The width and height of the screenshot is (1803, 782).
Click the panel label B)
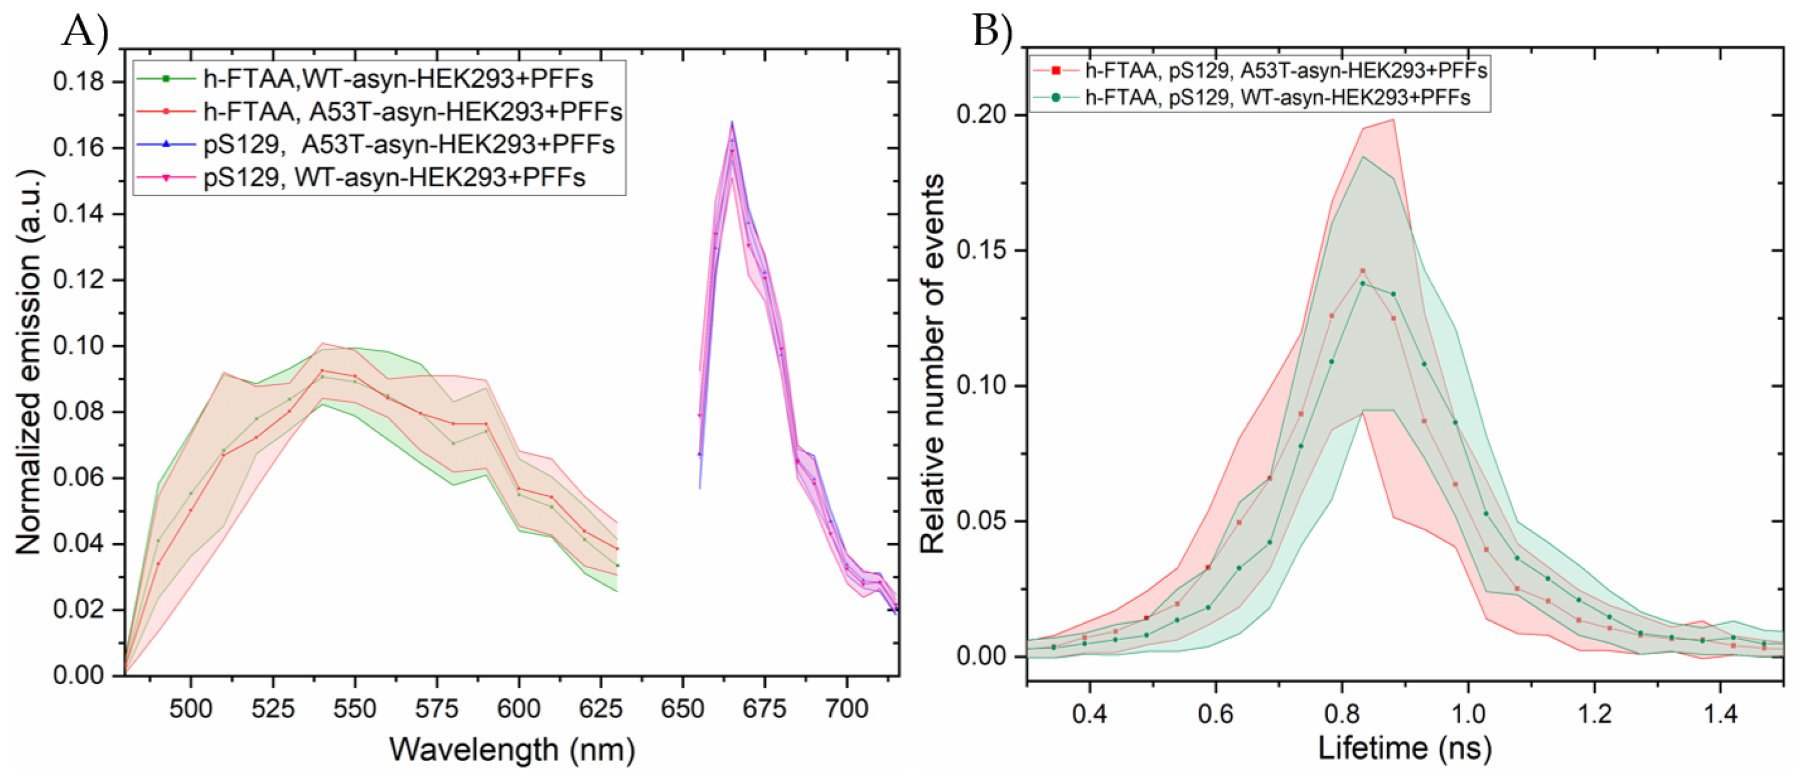click(x=993, y=31)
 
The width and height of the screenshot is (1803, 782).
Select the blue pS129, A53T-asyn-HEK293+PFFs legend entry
click(x=409, y=144)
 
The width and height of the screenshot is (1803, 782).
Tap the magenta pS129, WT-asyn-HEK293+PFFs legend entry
click(x=394, y=178)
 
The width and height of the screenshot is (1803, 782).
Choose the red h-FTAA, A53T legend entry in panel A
click(x=412, y=112)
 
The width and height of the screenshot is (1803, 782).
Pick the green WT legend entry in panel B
click(x=1277, y=97)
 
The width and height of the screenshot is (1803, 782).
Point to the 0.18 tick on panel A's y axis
click(x=79, y=82)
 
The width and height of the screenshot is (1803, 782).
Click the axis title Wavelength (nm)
click(x=511, y=750)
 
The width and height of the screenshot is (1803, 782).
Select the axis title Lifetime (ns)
click(x=1405, y=748)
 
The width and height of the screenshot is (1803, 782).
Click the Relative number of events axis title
click(x=932, y=364)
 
